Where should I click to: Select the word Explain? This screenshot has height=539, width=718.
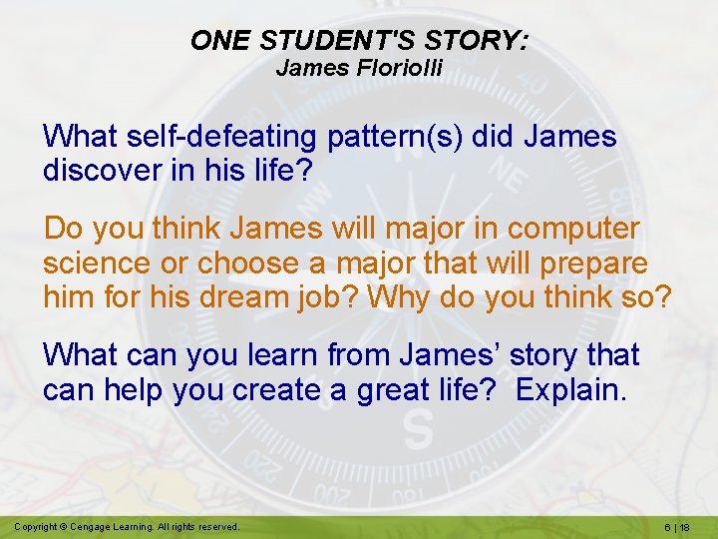click(571, 389)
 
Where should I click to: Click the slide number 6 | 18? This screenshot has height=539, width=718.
click(682, 526)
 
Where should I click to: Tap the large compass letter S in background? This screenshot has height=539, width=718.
click(418, 431)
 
